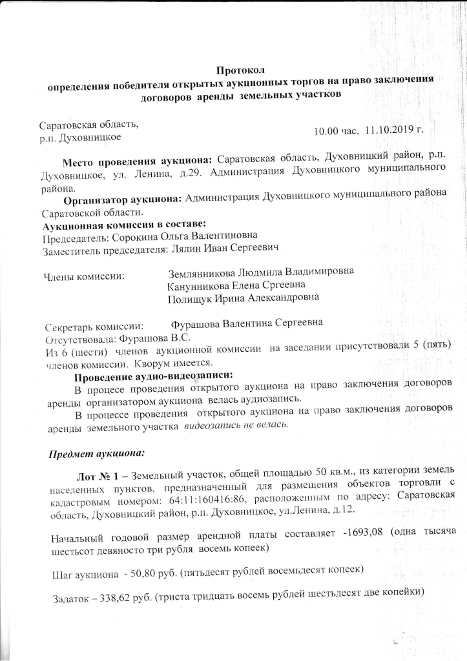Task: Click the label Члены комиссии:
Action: [84, 276]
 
